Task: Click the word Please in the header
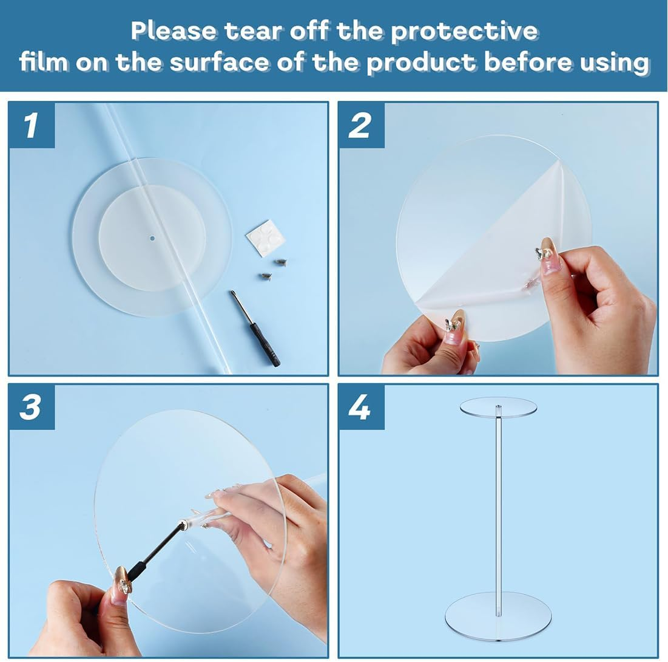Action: click(174, 30)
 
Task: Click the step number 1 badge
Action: click(32, 126)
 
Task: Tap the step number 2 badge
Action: click(360, 126)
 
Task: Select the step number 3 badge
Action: click(32, 407)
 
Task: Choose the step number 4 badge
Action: click(360, 407)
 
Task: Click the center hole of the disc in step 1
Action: click(152, 238)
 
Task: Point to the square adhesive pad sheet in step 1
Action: click(265, 238)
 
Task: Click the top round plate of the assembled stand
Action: click(498, 407)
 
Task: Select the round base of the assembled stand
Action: click(498, 615)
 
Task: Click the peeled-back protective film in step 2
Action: click(498, 255)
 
